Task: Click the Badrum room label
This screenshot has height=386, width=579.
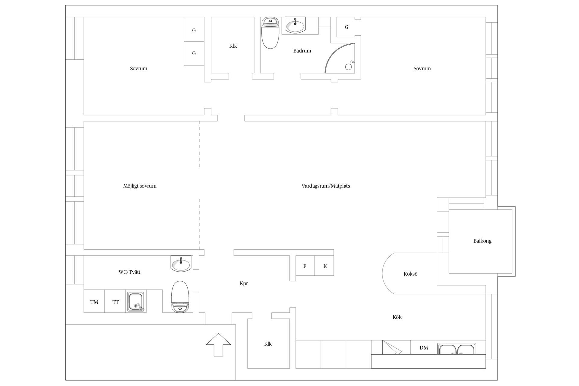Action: [302, 51]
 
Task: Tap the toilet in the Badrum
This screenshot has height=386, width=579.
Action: [270, 33]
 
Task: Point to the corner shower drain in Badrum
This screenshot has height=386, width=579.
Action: [349, 67]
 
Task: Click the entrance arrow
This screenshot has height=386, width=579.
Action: [218, 345]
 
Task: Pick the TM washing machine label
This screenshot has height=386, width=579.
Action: [94, 302]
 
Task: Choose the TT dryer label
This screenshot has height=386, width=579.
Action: [115, 302]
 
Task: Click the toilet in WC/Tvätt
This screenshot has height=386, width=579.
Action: [180, 297]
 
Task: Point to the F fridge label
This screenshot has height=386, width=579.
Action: [305, 266]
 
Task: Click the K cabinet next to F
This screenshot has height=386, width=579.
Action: [325, 266]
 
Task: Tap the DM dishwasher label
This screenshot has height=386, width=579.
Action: [424, 348]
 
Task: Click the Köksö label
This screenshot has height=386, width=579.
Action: [410, 274]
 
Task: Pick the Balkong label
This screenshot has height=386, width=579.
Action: [482, 241]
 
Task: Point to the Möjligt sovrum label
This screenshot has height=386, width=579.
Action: [140, 186]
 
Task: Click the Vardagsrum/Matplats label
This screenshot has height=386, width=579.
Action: [326, 186]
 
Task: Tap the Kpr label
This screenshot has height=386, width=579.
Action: [244, 283]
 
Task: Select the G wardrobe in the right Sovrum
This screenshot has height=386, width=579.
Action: [346, 27]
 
